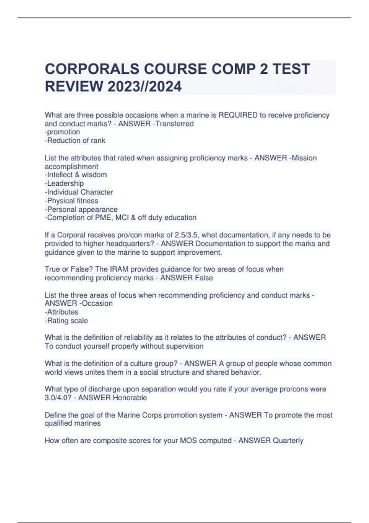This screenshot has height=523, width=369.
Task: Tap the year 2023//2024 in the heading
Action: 145,86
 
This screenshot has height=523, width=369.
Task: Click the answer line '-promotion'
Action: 62,132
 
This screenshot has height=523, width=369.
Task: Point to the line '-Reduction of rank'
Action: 75,141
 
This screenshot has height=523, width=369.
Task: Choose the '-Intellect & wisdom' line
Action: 76,175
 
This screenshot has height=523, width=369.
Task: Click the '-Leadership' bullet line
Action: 64,183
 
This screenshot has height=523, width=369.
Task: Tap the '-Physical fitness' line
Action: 71,201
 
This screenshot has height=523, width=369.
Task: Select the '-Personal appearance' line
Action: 81,209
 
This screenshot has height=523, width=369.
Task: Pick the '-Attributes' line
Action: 61,312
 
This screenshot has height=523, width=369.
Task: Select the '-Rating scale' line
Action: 66,321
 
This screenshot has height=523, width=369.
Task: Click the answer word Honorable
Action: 130,397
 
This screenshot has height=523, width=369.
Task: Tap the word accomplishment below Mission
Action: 71,166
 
